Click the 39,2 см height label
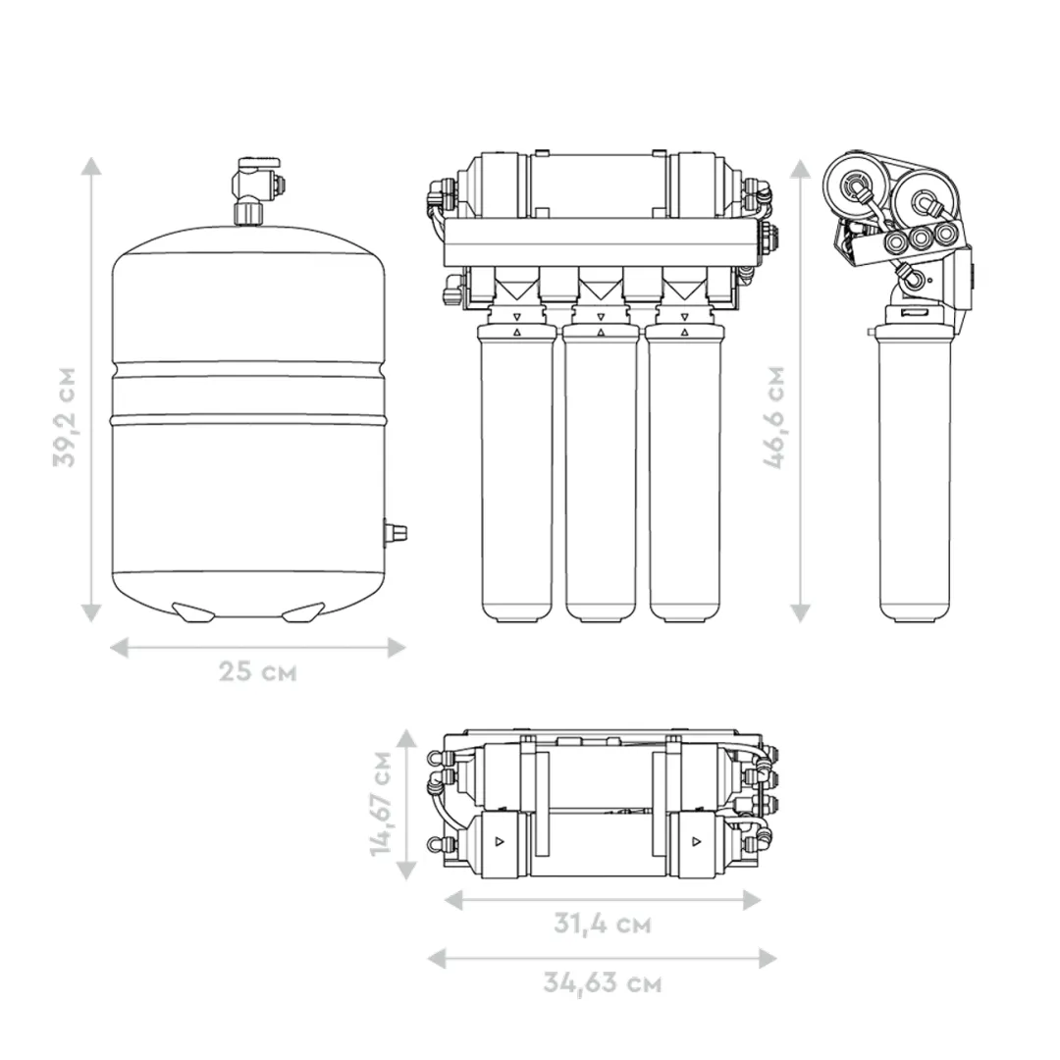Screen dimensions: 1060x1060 [65, 416]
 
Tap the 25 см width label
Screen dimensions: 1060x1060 [257, 672]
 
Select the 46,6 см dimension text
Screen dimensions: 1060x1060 [774, 416]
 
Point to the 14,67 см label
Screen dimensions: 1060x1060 [382, 804]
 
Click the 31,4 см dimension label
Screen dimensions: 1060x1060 [603, 924]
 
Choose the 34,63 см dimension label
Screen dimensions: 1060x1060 [603, 982]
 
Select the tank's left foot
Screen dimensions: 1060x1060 [193, 611]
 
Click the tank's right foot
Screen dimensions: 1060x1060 [303, 611]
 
